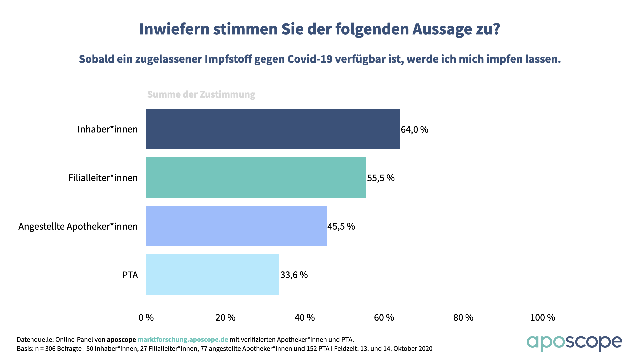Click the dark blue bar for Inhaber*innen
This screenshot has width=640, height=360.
click(273, 129)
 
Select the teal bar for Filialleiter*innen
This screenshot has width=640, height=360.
click(256, 177)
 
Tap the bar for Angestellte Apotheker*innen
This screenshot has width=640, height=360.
click(236, 226)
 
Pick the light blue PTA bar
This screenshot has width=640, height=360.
click(213, 274)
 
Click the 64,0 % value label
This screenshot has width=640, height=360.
click(414, 129)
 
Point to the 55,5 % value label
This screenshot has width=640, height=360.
click(381, 178)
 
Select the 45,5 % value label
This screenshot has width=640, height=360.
click(341, 226)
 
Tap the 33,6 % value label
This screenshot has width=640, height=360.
click(294, 275)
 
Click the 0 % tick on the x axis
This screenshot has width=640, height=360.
click(146, 317)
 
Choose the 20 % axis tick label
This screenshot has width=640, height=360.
click(225, 317)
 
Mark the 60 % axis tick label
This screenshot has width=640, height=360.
click(384, 317)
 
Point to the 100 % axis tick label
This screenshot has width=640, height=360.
click(543, 317)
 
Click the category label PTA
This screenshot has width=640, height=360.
click(130, 275)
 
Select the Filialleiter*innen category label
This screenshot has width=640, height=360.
click(103, 178)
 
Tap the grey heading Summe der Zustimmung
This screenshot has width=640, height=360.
click(201, 94)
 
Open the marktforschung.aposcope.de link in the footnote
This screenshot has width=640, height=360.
click(183, 339)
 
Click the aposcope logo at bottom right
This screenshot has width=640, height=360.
click(574, 343)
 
